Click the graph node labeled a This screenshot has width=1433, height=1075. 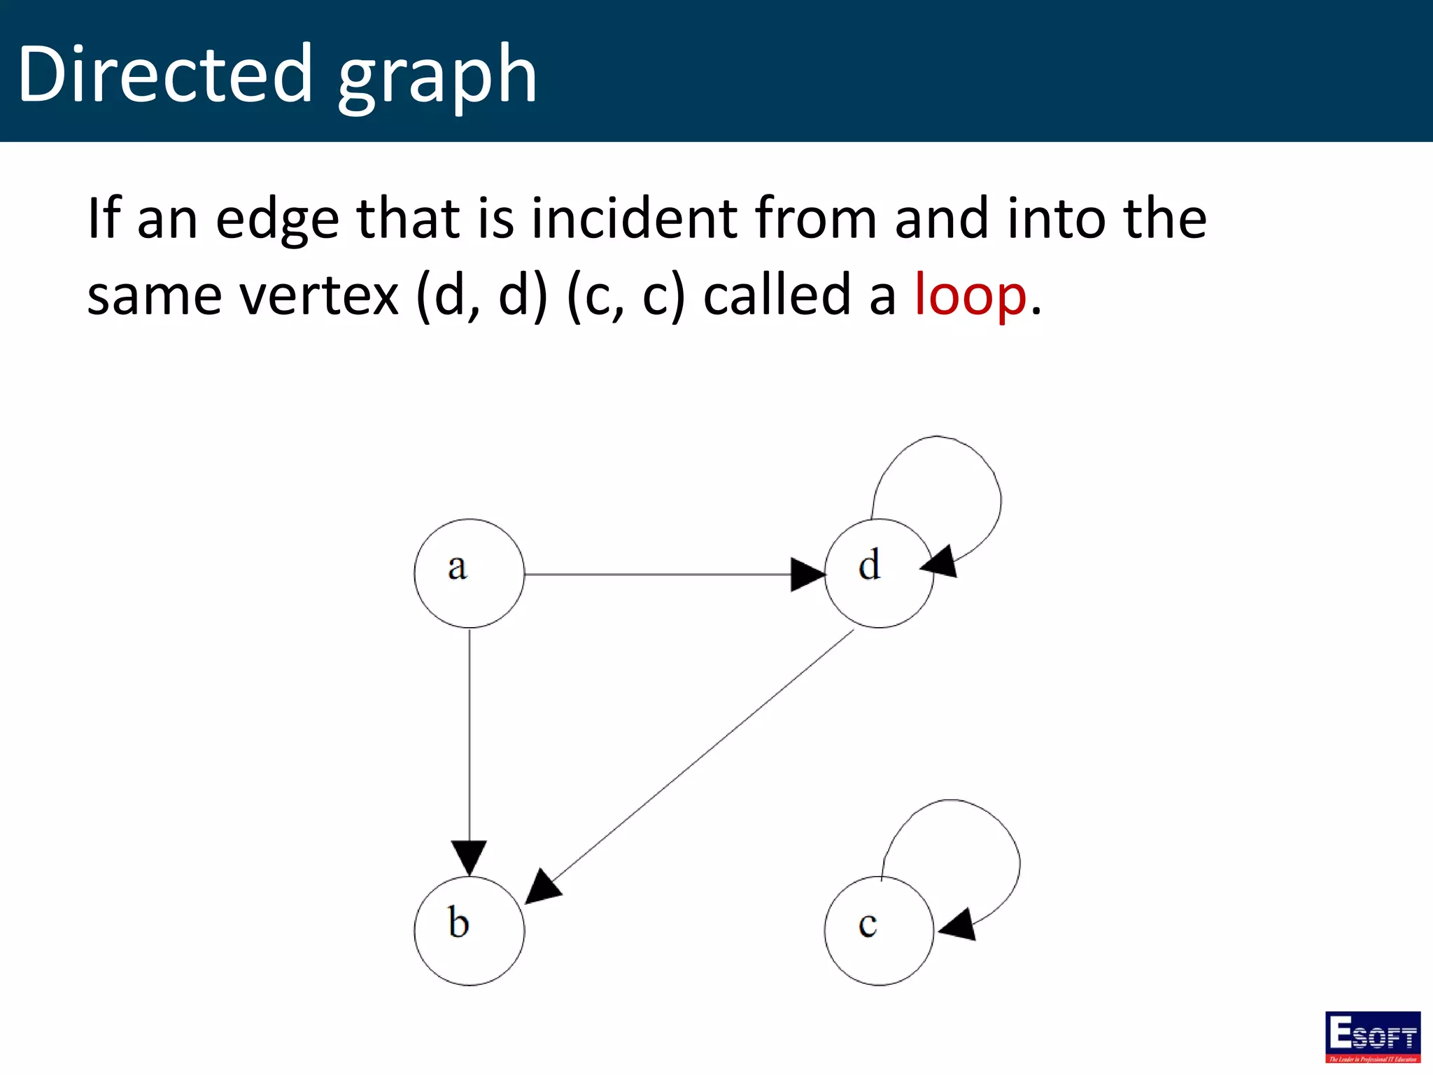click(469, 573)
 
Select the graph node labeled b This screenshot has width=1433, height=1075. click(469, 931)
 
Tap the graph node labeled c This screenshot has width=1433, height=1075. click(879, 931)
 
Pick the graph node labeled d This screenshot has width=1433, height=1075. click(879, 573)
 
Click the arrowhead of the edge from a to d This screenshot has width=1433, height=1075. click(807, 575)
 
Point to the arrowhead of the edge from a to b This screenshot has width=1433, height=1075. click(469, 857)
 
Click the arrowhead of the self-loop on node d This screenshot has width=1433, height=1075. click(940, 562)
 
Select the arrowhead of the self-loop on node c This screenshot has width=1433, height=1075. click(959, 925)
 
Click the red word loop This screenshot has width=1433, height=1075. click(970, 295)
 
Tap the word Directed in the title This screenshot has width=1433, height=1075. click(164, 74)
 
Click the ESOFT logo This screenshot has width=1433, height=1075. click(1373, 1037)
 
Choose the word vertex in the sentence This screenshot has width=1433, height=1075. click(319, 295)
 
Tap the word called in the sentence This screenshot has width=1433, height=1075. click(777, 295)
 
